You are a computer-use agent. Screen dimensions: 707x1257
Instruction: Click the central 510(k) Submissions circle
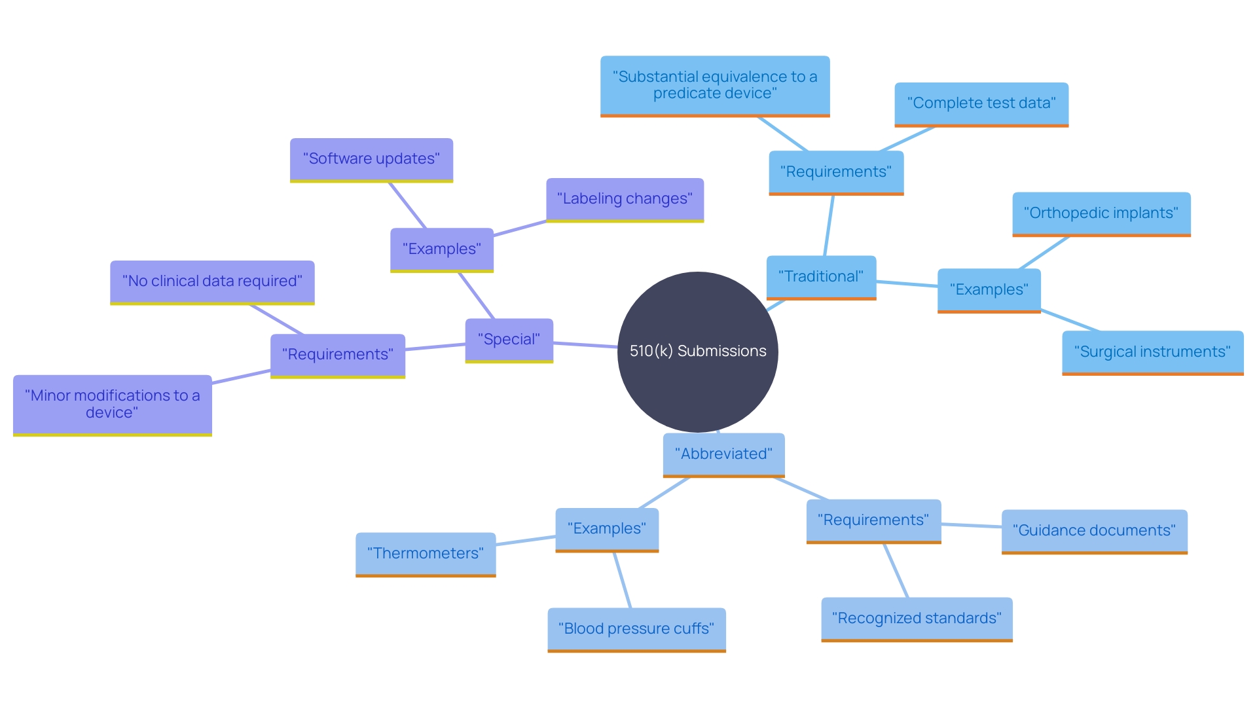coord(697,352)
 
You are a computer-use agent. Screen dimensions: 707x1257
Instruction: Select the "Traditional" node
coord(821,277)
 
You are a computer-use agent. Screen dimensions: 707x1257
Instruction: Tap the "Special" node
coord(509,340)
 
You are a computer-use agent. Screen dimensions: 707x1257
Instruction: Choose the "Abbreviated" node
coord(723,454)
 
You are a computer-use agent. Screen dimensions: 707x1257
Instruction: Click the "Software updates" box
coord(371,159)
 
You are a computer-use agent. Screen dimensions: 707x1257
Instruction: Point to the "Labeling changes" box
coord(625,199)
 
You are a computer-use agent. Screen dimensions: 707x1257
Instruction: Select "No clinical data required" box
coord(212,281)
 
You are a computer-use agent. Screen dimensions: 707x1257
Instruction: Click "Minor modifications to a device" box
coord(112,405)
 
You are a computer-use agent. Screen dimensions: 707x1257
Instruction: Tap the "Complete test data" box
coord(981,103)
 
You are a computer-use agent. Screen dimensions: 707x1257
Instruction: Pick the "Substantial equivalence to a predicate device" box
coord(714,85)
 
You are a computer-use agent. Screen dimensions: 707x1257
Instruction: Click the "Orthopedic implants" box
coord(1101,213)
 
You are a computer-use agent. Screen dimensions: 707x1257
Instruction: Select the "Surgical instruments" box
coord(1152,352)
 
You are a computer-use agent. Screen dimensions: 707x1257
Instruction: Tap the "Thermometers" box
coord(426,554)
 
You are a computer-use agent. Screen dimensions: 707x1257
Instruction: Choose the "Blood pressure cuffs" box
coord(636,629)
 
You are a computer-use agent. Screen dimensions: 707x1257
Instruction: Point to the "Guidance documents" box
coord(1094,531)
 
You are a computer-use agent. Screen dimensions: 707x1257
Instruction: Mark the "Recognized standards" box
coord(917,619)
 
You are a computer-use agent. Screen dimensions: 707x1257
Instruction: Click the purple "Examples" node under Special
coord(441,249)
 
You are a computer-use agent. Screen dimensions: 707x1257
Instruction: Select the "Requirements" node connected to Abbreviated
coord(873,520)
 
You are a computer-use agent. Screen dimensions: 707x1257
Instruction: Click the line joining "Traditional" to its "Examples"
coord(907,283)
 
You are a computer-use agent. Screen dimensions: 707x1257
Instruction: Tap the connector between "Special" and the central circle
coord(585,345)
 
